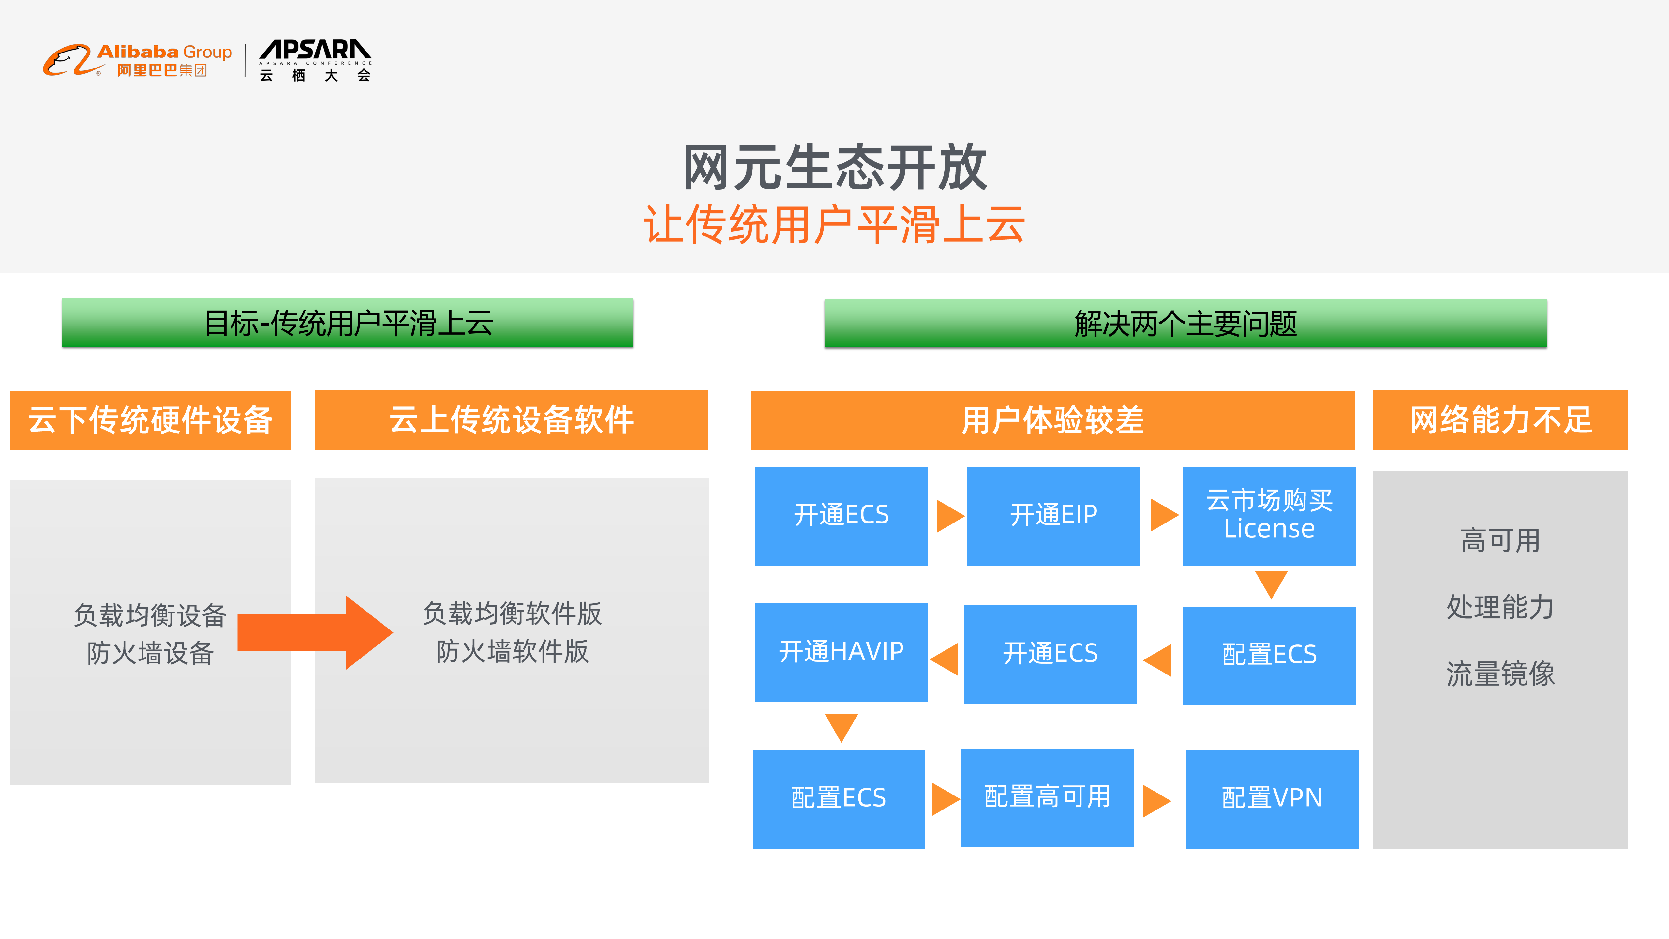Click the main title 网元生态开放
(835, 168)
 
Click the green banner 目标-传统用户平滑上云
(348, 323)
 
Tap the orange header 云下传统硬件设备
(150, 420)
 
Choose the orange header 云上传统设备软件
(511, 420)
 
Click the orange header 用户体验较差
(1052, 420)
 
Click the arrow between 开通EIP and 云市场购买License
(1163, 515)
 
